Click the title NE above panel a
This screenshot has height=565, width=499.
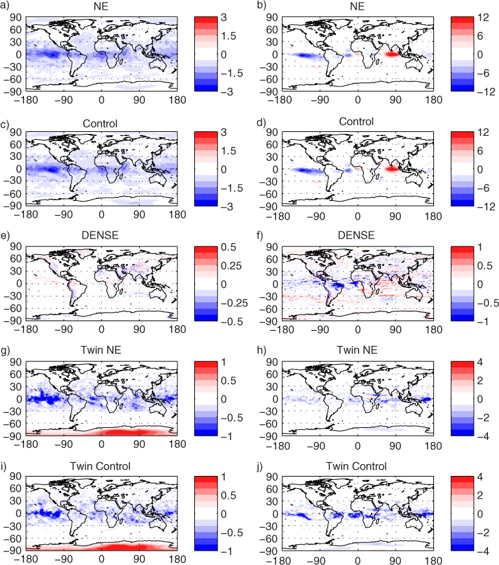(x=101, y=7)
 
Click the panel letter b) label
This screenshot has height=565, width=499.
(x=261, y=7)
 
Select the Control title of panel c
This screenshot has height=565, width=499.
(x=100, y=124)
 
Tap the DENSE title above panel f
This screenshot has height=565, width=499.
(x=356, y=235)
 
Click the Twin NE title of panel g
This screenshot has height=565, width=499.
(x=101, y=350)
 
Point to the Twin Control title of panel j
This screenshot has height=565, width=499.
(x=357, y=466)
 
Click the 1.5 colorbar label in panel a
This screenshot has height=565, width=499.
(x=228, y=36)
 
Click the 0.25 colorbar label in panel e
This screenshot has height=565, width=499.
(x=231, y=266)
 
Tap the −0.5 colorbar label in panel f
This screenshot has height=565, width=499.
(x=488, y=303)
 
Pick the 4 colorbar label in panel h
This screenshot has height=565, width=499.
(x=480, y=362)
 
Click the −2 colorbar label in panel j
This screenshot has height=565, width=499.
(x=483, y=532)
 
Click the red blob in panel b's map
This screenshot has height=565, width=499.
(x=392, y=55)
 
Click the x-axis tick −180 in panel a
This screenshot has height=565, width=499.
(x=26, y=100)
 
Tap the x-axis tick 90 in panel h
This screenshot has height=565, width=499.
(x=395, y=446)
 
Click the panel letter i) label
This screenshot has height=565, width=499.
(x=4, y=467)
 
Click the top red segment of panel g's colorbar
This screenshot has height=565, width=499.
(x=206, y=365)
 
